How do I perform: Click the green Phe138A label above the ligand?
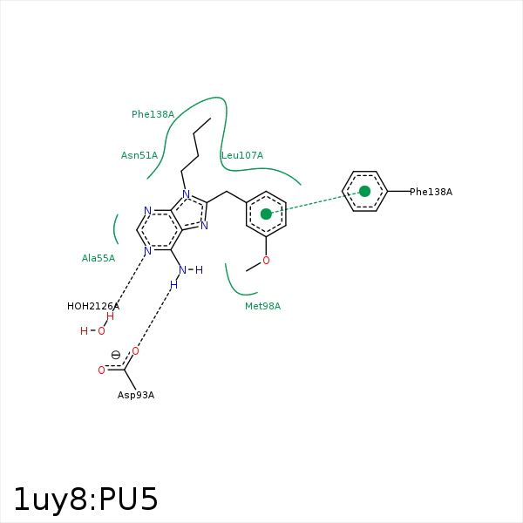(153, 114)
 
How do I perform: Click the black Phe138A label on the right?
(431, 192)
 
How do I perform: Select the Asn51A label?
(139, 155)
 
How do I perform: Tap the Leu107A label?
(242, 155)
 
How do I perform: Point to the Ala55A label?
(98, 258)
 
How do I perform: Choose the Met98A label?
(262, 306)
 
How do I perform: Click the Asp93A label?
(136, 395)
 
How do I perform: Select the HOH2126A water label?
(93, 306)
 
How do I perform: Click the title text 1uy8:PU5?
(85, 499)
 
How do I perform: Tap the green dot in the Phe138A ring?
(364, 191)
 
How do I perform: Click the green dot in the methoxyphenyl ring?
(266, 214)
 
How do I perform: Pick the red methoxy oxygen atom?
(266, 260)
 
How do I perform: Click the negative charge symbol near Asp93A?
(115, 355)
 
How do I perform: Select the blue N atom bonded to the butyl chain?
(186, 195)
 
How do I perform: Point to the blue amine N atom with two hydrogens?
(182, 269)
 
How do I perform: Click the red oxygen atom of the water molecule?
(101, 331)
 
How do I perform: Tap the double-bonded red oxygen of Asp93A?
(101, 370)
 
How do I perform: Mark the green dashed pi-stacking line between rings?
(316, 202)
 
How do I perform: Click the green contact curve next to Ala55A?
(115, 229)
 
